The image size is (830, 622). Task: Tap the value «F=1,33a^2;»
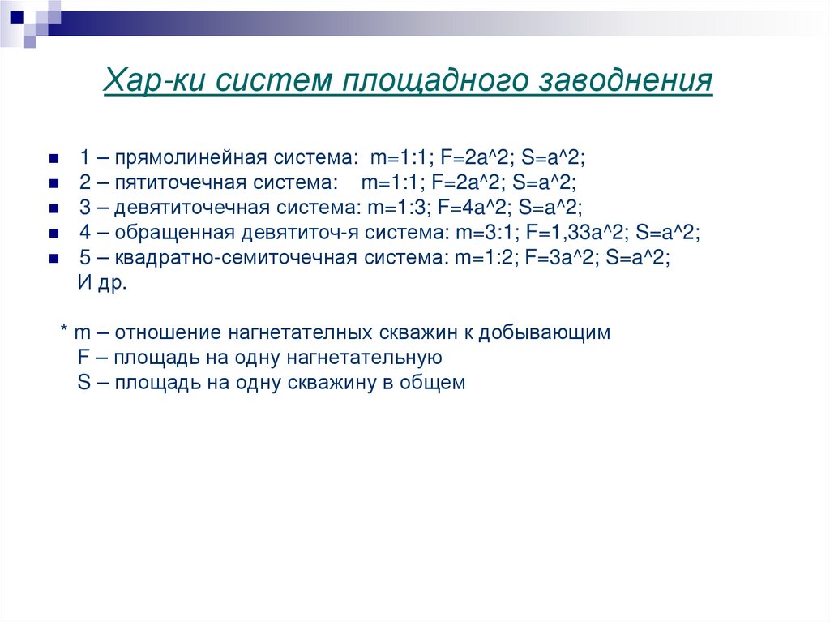coord(578,232)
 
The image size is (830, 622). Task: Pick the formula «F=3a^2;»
coord(557,257)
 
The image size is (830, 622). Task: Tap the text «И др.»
coord(101,285)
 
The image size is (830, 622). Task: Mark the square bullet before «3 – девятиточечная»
coord(54,208)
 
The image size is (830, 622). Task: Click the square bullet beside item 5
coord(54,259)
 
